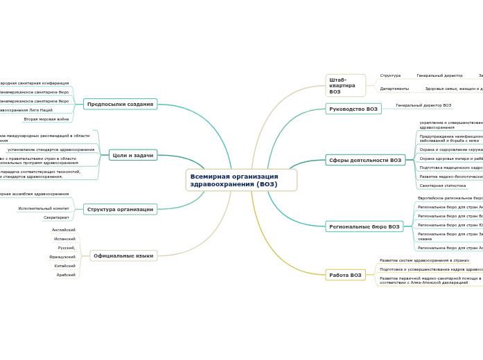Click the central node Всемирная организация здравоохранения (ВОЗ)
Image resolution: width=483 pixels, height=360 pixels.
(241, 180)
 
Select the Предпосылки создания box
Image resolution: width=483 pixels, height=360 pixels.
(121, 104)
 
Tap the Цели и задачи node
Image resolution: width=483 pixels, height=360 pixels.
(133, 155)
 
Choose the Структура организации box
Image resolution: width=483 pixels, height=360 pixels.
(121, 209)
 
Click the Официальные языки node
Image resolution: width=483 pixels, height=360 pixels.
(123, 255)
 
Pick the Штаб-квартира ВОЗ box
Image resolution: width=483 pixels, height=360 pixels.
(345, 85)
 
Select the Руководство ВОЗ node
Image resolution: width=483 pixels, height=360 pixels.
(353, 109)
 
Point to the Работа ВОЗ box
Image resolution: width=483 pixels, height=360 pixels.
(345, 275)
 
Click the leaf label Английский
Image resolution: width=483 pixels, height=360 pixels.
(64, 230)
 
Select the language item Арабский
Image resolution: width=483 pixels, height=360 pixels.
(66, 275)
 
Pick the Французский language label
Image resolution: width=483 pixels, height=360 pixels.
(62, 257)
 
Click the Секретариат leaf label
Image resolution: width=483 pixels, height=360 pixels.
(56, 217)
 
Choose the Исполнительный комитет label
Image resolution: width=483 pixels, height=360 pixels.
(44, 208)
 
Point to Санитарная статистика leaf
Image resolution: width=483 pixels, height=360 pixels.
(442, 186)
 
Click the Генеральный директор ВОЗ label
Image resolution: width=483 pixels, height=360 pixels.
(423, 105)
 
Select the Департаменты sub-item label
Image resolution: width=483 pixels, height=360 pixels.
(394, 89)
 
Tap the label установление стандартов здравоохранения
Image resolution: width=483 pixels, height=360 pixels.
(51, 150)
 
